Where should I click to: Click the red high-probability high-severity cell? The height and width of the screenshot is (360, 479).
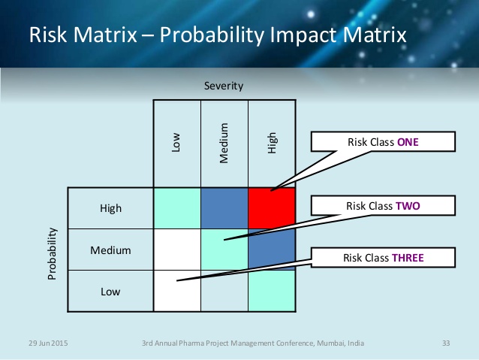point(272,208)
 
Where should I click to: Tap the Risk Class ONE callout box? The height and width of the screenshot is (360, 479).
point(383,141)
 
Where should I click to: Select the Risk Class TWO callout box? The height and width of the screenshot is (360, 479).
point(383,205)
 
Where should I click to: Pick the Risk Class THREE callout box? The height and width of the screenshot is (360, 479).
point(383,258)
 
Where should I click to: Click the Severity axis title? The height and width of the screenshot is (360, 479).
point(224,86)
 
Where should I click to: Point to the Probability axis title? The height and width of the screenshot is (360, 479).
point(53,253)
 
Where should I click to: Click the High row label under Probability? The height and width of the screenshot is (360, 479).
point(110,208)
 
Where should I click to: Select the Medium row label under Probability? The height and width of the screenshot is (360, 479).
point(110,250)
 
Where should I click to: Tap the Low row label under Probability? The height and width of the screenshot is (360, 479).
point(110,292)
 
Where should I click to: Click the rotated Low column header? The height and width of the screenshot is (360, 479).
point(176,142)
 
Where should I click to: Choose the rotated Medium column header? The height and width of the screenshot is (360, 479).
point(224,143)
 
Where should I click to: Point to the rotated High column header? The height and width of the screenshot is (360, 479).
point(272,143)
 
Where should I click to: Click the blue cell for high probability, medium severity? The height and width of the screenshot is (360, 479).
point(224,208)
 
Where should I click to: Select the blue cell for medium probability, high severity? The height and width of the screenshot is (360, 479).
point(272,250)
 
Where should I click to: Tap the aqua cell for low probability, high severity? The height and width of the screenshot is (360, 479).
point(272,291)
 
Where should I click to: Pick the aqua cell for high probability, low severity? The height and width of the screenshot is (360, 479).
point(177,208)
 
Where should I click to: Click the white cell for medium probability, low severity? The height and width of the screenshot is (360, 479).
point(177,250)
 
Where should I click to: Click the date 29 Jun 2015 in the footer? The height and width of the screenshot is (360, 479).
point(48,343)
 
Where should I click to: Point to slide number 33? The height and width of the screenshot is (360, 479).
point(446,343)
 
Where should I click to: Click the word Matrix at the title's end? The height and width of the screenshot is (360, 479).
point(375,35)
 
